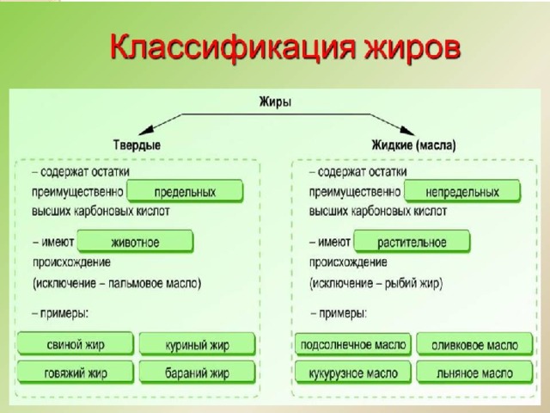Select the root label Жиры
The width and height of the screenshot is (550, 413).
(275, 102)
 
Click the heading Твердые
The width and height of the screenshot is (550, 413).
(137, 145)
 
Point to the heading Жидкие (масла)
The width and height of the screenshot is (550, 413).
(414, 145)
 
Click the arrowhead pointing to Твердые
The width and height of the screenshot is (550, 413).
(146, 130)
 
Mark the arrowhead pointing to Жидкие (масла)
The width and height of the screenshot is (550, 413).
(407, 131)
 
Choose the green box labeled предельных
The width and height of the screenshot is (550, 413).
(185, 191)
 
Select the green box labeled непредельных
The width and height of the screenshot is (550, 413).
(462, 191)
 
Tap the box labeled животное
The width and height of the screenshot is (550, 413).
(135, 242)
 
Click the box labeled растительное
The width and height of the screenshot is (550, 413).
(412, 242)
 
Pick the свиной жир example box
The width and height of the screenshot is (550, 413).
(76, 344)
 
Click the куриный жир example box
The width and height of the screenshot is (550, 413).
(197, 344)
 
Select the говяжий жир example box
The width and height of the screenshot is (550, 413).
(76, 373)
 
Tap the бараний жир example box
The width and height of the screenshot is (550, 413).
(197, 373)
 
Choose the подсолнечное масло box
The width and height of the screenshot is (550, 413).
(353, 344)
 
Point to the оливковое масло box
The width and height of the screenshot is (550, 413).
(474, 344)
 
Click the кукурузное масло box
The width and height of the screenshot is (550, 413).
(353, 373)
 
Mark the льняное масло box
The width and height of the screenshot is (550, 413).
(474, 373)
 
